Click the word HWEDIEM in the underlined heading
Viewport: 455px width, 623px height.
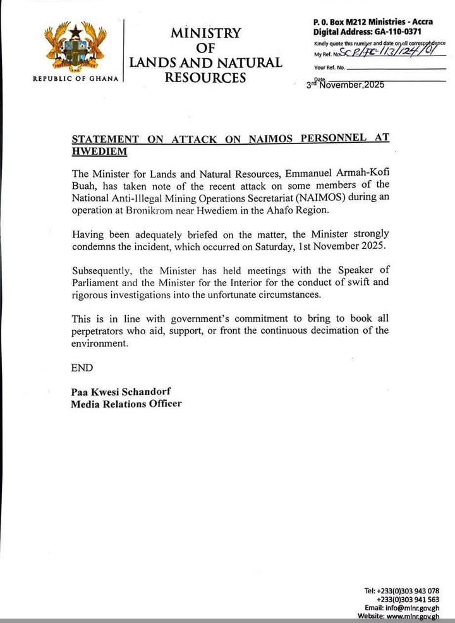99,152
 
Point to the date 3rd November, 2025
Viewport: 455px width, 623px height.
345,84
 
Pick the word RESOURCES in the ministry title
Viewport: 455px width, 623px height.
205,78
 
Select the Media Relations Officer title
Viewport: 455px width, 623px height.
126,404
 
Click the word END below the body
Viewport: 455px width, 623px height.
82,368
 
